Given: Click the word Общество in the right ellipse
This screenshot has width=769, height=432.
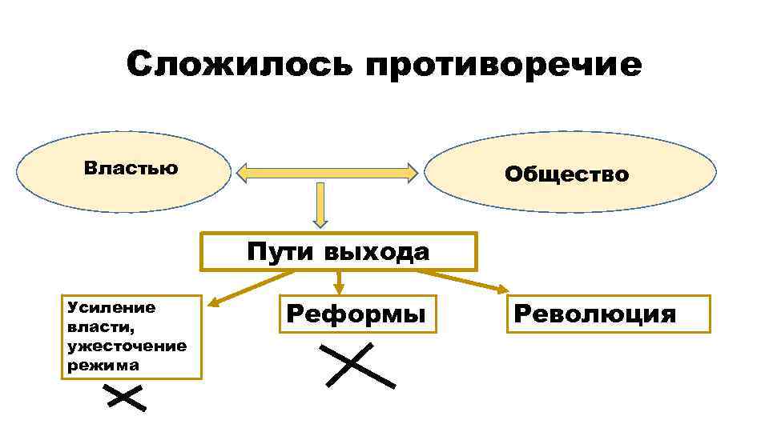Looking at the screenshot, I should click(566, 174).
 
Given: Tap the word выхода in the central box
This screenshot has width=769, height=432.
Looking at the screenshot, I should click(377, 252).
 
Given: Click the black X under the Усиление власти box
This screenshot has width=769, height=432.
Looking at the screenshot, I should click(123, 398).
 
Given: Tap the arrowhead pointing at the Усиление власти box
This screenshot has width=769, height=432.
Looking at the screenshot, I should click(214, 302).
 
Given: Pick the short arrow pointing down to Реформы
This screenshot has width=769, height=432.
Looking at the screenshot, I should click(339, 282).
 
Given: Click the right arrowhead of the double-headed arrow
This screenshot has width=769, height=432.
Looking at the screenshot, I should click(412, 171).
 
